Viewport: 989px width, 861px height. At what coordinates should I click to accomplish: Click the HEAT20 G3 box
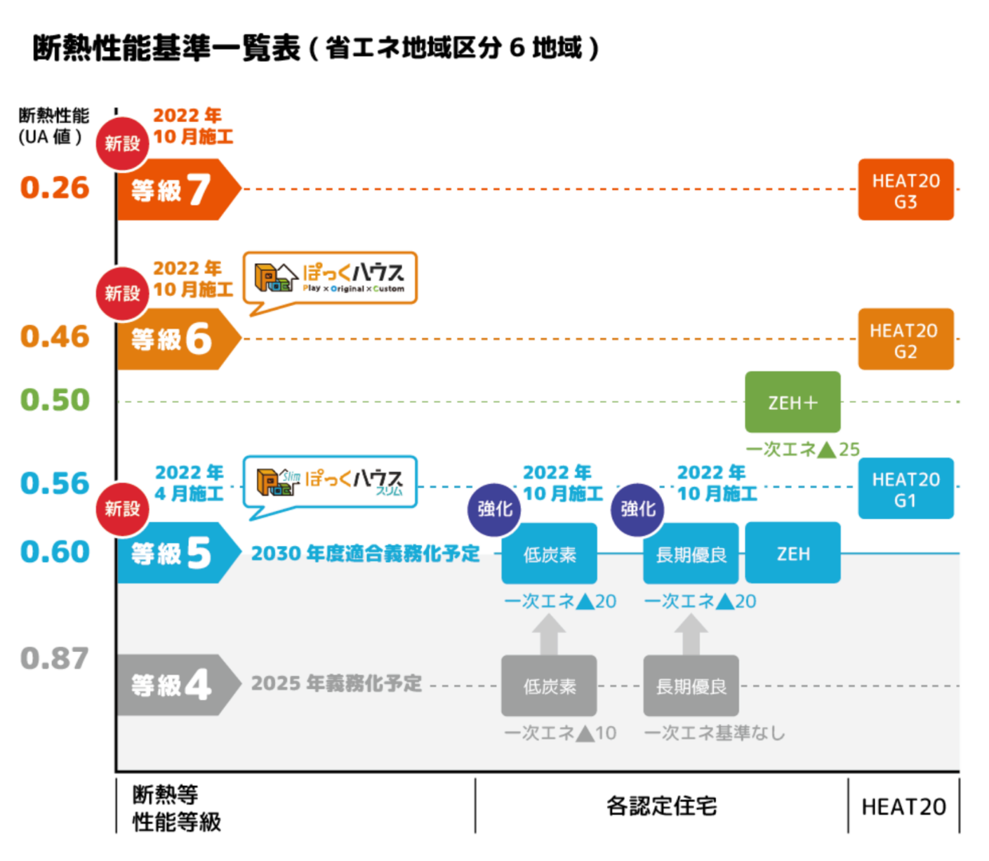[905, 190]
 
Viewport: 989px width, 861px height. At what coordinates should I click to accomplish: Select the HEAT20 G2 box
[905, 340]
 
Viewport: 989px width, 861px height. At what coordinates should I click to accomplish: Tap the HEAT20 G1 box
[905, 489]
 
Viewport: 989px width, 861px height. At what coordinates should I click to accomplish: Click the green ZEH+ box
[792, 403]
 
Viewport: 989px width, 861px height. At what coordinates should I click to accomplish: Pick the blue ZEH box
[792, 552]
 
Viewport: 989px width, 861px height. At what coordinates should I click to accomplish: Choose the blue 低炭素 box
[549, 554]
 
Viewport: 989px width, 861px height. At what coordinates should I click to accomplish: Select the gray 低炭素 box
[549, 686]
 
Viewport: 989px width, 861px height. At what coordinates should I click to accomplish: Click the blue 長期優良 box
[691, 554]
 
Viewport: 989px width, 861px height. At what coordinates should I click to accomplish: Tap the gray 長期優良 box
[691, 686]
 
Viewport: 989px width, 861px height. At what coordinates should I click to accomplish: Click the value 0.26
[55, 188]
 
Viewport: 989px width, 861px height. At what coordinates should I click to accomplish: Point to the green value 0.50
[55, 399]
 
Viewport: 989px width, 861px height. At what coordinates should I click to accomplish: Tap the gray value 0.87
[55, 659]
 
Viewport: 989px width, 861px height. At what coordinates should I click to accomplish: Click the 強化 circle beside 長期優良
[637, 509]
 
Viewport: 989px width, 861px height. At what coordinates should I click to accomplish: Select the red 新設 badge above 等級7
[122, 143]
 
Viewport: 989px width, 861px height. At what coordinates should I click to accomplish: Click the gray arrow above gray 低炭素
[549, 635]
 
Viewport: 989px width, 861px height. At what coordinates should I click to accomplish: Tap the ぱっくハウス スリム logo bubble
[329, 482]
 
